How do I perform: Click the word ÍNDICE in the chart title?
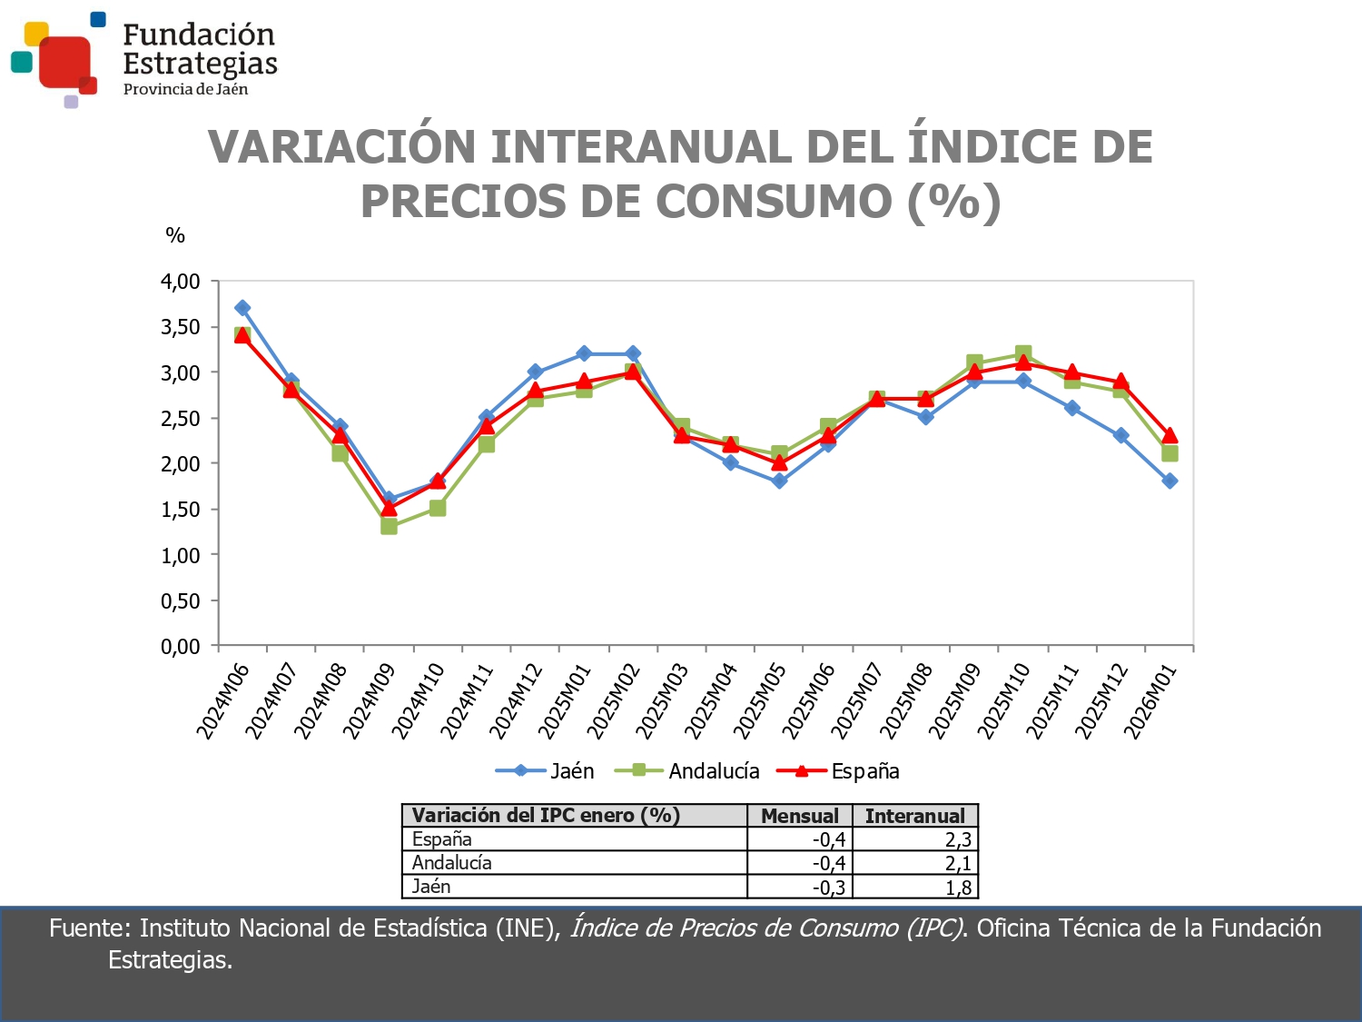tap(995, 147)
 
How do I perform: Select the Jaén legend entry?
tap(546, 771)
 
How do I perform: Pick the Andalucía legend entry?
tap(687, 771)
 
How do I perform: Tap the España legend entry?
tap(838, 771)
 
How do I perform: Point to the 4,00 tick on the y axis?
tap(180, 282)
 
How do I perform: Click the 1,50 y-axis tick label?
tap(180, 510)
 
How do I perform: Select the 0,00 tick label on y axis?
tap(180, 647)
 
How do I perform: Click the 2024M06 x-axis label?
tap(222, 701)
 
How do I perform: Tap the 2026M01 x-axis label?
tap(1150, 701)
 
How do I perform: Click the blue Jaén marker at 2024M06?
tap(242, 308)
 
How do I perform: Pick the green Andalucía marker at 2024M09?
tap(389, 526)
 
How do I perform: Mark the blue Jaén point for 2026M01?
tap(1170, 481)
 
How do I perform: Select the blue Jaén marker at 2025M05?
tap(779, 481)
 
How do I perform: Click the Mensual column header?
tap(799, 816)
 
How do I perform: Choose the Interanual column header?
tap(914, 816)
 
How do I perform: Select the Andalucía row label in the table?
tap(451, 863)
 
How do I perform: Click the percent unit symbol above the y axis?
tap(175, 236)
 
